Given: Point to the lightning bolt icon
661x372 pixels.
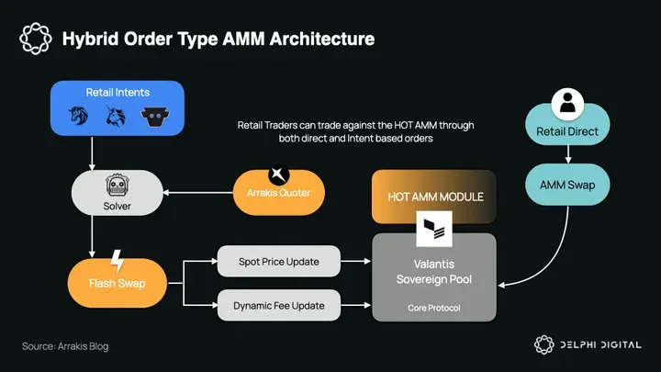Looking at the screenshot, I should point(117,260).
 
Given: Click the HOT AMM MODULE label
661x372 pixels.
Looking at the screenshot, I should point(432,197).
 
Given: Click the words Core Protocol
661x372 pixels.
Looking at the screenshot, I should point(434,308).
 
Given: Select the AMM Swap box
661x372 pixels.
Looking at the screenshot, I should point(566,186).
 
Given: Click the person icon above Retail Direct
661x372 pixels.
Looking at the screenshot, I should point(567,105).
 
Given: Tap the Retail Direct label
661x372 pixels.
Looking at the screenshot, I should point(567,131).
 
